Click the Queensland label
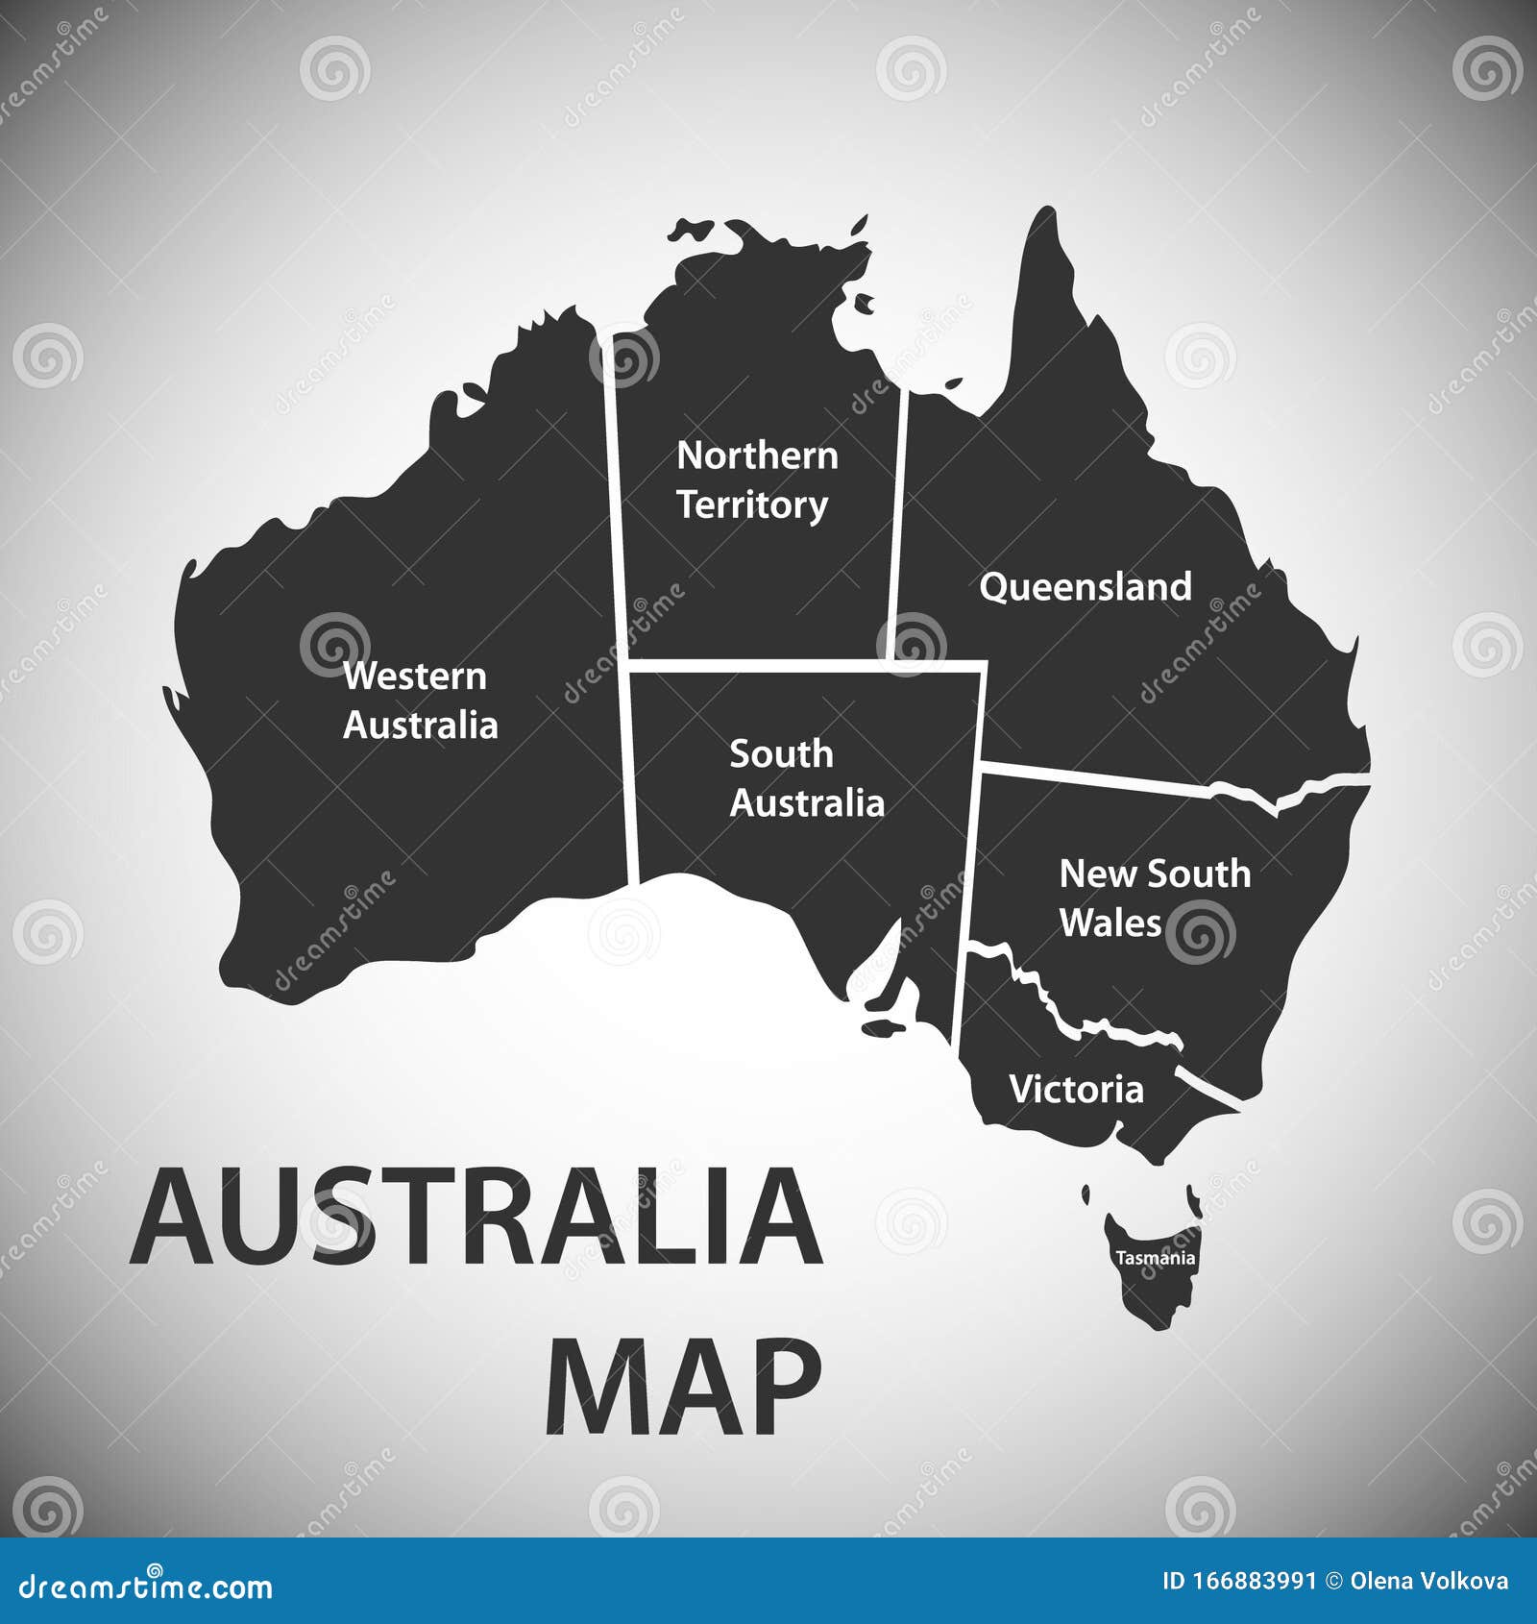1086,586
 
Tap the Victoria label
1076,1090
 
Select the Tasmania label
1155,1258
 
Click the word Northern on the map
757,455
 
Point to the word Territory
752,505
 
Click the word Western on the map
415,677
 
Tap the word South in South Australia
781,754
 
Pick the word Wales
1110,923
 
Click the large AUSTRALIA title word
476,1217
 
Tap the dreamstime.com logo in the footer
146,1587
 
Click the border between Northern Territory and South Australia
759,665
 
